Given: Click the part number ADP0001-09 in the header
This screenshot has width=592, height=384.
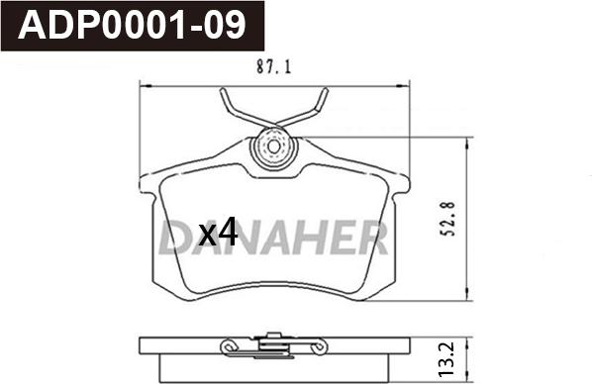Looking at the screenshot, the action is (x=132, y=26).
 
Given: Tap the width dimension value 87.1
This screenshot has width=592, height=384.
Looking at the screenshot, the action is (x=273, y=67).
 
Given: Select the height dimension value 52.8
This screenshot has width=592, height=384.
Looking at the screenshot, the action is (x=448, y=219).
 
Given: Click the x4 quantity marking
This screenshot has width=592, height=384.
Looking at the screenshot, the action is (x=218, y=233).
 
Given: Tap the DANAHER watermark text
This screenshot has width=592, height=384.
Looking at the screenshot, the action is (x=273, y=238).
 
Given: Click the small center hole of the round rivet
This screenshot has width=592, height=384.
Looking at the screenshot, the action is (x=274, y=146).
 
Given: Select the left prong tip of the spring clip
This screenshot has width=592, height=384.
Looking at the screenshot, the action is (x=223, y=91).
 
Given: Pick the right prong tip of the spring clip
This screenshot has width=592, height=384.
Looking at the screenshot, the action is (x=325, y=91).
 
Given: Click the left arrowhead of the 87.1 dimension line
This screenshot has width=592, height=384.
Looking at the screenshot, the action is (x=146, y=86).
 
